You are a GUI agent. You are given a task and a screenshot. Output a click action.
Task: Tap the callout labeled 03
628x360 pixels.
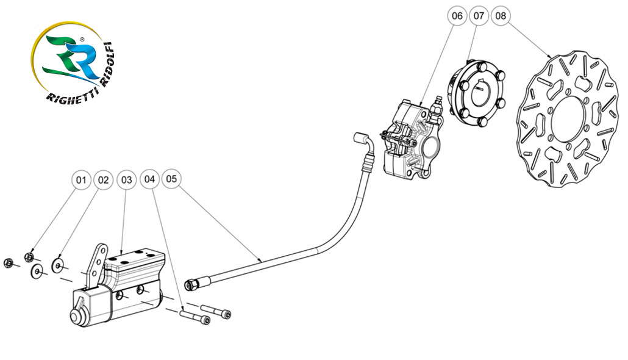click(126, 180)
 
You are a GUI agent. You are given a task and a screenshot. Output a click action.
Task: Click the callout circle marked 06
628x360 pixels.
click(457, 16)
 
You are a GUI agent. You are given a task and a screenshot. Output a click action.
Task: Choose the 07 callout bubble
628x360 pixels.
click(479, 16)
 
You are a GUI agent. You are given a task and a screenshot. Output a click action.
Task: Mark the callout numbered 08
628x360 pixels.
click(501, 16)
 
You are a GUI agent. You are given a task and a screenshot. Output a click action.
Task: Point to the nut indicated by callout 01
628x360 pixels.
click(29, 257)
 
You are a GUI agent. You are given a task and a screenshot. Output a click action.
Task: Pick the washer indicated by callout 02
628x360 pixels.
click(59, 265)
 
